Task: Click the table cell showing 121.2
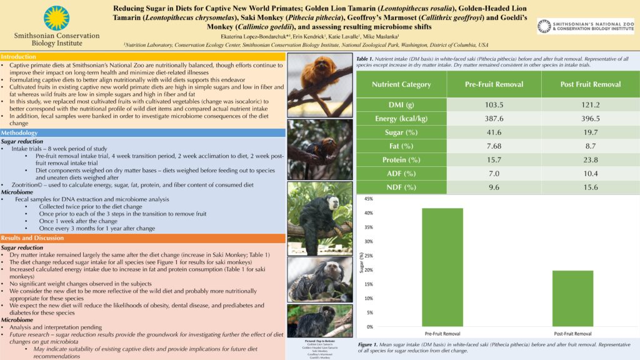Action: [591, 104]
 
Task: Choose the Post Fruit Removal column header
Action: [591, 84]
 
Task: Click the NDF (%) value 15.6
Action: [591, 187]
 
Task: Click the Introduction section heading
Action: [19, 57]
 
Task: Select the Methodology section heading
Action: [19, 133]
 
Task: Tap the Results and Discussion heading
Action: [33, 238]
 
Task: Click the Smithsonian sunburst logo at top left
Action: [57, 17]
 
